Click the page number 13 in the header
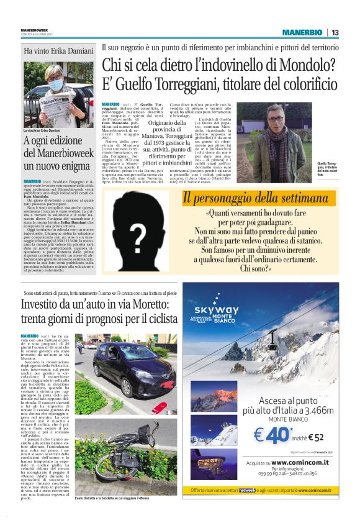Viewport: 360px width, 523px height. pos(335,32)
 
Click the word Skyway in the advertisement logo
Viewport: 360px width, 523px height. pos(216,310)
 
